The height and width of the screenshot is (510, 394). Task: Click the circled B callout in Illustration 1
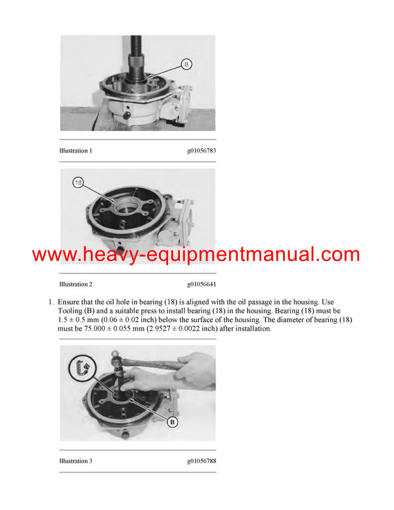point(186,65)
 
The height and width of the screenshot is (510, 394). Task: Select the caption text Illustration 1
point(76,151)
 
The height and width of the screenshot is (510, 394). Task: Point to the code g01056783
point(201,151)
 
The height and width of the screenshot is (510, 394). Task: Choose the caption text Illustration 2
point(76,284)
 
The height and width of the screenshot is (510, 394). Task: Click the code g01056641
point(201,284)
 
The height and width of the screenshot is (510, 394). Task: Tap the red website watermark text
point(196,254)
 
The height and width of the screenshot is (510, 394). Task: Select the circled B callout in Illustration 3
point(172,421)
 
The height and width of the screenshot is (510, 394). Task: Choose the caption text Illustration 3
point(76,461)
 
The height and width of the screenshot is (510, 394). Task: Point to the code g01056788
point(201,461)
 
